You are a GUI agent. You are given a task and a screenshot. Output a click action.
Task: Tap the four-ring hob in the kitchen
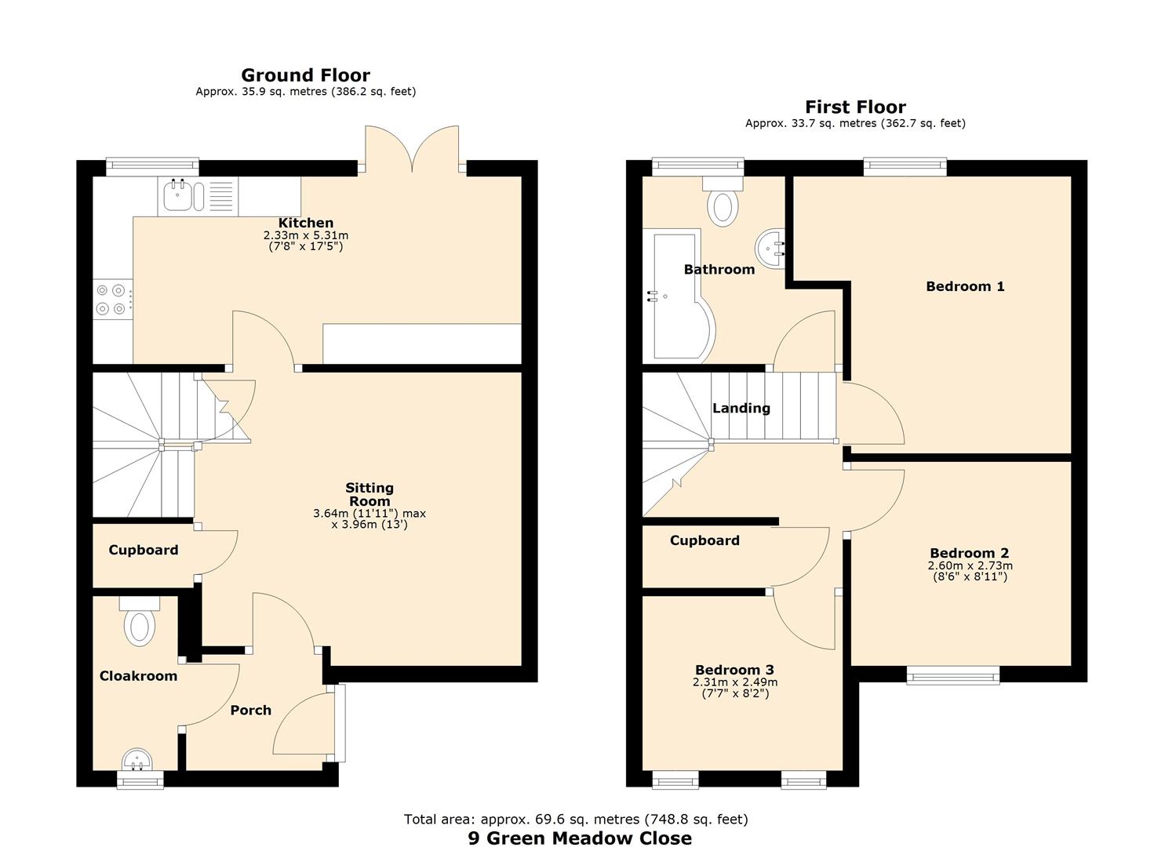(x=111, y=299)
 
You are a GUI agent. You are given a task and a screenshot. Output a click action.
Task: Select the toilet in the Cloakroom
(x=140, y=624)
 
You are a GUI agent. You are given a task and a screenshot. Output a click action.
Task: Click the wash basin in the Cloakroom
(x=139, y=760)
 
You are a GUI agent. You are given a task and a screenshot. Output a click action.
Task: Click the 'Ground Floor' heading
(x=305, y=75)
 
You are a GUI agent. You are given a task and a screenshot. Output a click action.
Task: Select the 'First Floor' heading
(x=855, y=107)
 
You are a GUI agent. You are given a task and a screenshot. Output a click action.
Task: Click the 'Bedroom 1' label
(x=965, y=286)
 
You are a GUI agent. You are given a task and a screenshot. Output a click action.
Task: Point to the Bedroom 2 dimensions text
(x=970, y=571)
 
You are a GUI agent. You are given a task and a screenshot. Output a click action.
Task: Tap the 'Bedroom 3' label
(x=734, y=670)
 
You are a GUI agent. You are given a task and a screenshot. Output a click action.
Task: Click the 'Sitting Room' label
(x=370, y=494)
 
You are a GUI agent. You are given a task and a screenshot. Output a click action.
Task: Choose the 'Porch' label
(x=250, y=710)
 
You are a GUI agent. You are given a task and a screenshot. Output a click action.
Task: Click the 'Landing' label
(x=741, y=408)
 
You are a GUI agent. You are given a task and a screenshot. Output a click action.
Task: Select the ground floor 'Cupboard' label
(x=143, y=550)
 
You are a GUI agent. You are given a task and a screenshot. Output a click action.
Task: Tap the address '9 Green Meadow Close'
(x=580, y=838)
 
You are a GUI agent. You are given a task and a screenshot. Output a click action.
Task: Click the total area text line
(x=576, y=819)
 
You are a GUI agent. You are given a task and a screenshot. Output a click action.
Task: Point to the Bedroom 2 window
(x=953, y=674)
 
